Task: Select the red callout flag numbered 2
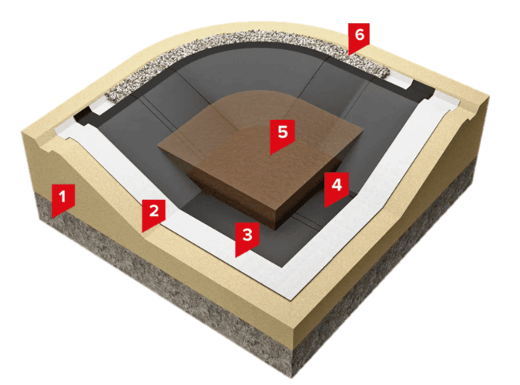pyautogui.click(x=153, y=214)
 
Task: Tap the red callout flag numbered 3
pyautogui.click(x=247, y=238)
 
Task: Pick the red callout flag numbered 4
pyautogui.click(x=337, y=188)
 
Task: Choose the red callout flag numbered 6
pyautogui.click(x=359, y=38)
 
